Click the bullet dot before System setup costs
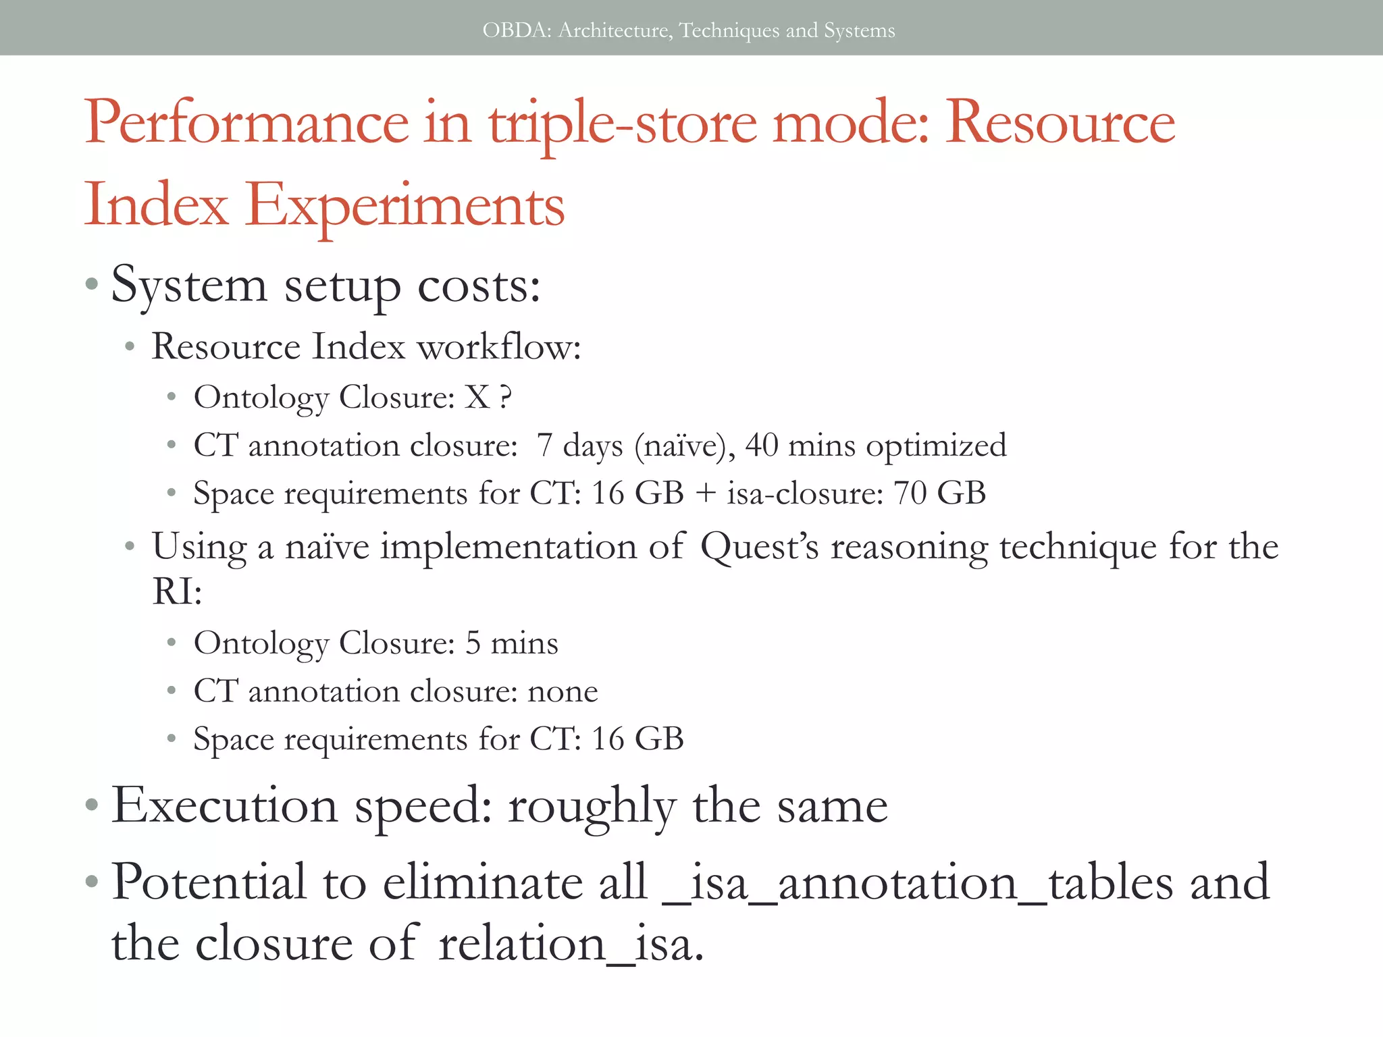(93, 284)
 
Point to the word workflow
(498, 347)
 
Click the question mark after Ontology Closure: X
(506, 398)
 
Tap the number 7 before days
(544, 446)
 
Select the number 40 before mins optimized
(762, 446)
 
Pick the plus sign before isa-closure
(705, 494)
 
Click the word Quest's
(759, 547)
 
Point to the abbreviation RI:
(177, 591)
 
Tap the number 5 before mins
(473, 643)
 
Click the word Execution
(224, 805)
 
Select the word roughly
(592, 807)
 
